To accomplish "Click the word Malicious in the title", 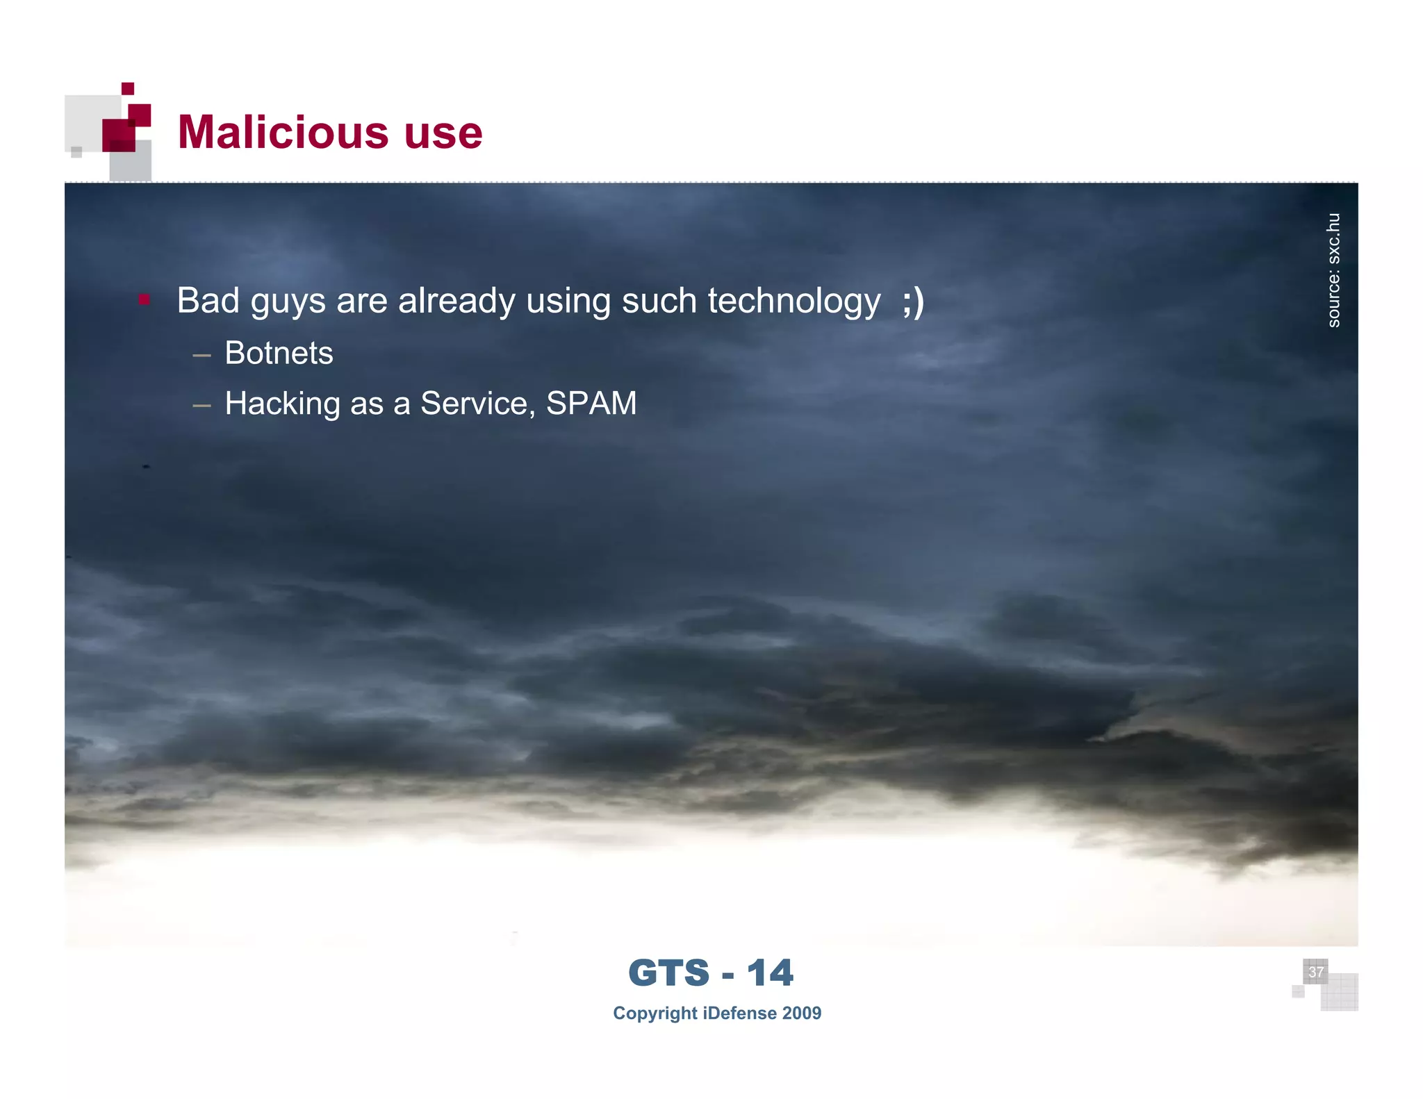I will tap(281, 132).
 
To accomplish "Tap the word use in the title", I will tap(443, 133).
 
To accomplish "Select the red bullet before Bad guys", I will tap(144, 300).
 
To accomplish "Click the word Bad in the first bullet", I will tap(208, 301).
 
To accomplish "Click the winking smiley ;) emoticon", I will tap(913, 301).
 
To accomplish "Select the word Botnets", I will tap(279, 353).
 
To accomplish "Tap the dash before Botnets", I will tap(201, 355).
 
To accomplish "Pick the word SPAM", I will tap(591, 403).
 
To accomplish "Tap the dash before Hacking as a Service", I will tap(201, 405).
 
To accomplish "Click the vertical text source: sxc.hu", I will tap(1333, 270).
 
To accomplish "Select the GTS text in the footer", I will tap(668, 973).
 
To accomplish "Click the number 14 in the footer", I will tap(770, 973).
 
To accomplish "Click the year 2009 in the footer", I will tap(801, 1013).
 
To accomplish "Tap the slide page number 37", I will tap(1315, 971).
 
